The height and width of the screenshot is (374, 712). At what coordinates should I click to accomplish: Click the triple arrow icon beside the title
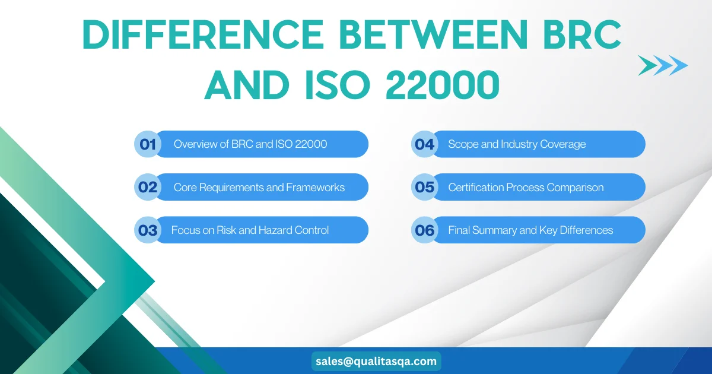click(x=663, y=65)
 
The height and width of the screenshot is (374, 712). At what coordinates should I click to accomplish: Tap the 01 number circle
click(x=148, y=144)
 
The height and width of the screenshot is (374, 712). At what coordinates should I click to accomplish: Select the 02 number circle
click(x=148, y=187)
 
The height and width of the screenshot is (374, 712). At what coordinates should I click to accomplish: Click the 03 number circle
click(x=148, y=230)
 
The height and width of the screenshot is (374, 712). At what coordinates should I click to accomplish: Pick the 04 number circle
click(x=425, y=144)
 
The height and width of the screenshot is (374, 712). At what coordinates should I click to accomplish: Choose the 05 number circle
click(x=425, y=187)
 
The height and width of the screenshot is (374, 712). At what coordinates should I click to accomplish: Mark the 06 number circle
click(x=425, y=230)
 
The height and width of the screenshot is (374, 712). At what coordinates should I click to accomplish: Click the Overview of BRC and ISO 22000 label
click(x=250, y=144)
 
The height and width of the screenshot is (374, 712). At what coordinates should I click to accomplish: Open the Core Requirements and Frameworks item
click(x=259, y=187)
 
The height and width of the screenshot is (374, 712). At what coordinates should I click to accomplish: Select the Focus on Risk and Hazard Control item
click(x=250, y=230)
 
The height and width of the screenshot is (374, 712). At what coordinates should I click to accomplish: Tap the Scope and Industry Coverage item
click(x=517, y=144)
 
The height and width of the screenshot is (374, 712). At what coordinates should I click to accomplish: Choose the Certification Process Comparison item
click(x=526, y=187)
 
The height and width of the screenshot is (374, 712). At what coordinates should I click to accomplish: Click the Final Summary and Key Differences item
click(x=530, y=230)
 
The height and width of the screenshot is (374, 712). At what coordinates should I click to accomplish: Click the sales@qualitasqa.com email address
click(x=376, y=361)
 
